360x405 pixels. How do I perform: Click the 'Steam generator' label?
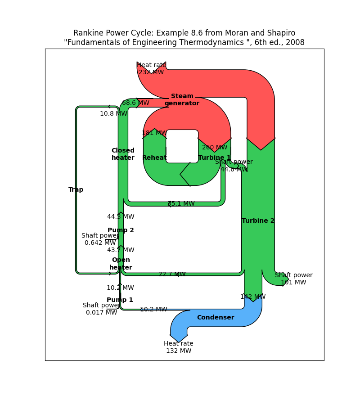(x=182, y=100)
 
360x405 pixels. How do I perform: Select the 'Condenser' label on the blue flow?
(x=216, y=318)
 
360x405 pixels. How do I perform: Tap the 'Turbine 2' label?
(x=258, y=221)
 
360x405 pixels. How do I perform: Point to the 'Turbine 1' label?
(x=214, y=158)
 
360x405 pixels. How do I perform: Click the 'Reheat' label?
(x=154, y=158)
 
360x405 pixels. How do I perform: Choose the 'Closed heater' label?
(x=123, y=154)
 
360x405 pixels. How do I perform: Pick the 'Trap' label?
(x=76, y=190)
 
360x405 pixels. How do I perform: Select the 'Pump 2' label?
(x=121, y=230)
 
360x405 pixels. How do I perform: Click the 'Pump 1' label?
(x=120, y=300)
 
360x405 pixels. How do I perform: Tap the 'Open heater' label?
(x=121, y=264)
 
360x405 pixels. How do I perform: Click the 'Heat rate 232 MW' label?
(x=151, y=69)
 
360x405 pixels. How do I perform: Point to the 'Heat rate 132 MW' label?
(x=179, y=347)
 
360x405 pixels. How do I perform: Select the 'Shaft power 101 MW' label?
(x=293, y=279)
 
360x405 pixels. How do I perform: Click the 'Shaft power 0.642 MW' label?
(x=100, y=239)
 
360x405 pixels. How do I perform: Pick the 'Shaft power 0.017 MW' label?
(x=101, y=309)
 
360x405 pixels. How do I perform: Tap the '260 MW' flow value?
(x=215, y=148)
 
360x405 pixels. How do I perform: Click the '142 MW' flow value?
(x=253, y=297)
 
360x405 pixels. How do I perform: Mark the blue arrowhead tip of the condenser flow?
(x=179, y=342)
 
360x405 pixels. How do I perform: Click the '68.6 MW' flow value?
(x=135, y=103)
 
